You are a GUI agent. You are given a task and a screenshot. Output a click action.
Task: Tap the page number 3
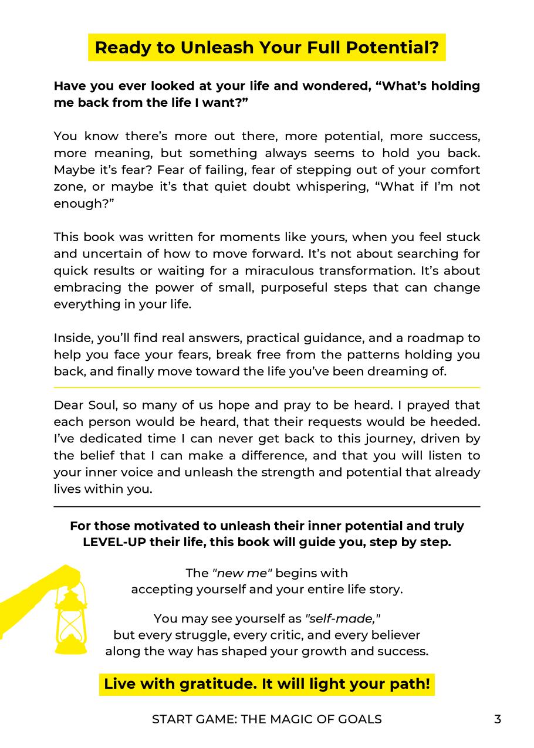pyautogui.click(x=498, y=719)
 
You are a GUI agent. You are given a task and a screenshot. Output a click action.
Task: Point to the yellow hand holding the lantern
pyautogui.click(x=35, y=593)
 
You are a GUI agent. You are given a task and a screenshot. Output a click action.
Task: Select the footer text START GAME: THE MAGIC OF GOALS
pyautogui.click(x=267, y=719)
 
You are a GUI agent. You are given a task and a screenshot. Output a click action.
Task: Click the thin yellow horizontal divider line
pyautogui.click(x=267, y=388)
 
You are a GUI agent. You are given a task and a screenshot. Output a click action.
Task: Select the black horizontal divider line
pyautogui.click(x=267, y=506)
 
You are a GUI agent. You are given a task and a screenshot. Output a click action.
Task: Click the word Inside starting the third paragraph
pyautogui.click(x=70, y=337)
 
